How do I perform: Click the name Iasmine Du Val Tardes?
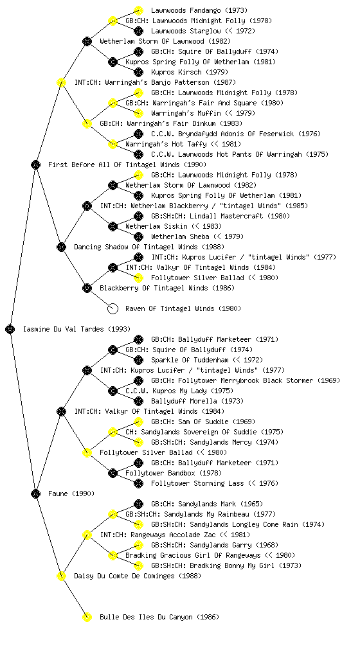point(64,329)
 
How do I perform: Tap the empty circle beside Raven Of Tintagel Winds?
point(113,308)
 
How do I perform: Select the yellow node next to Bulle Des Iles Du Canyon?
point(87,617)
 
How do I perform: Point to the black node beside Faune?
point(35,493)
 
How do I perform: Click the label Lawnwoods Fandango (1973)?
point(199,10)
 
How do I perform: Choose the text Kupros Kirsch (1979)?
point(190,72)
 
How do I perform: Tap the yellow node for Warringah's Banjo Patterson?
point(61,82)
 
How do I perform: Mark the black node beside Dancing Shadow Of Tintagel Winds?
point(61,247)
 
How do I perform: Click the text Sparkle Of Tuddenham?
point(190,360)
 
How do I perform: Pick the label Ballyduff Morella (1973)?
point(197,401)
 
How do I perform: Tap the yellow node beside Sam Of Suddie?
point(138,422)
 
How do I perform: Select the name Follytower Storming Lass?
point(197,483)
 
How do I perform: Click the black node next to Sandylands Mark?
point(138,504)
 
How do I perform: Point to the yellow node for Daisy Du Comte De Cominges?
point(61,576)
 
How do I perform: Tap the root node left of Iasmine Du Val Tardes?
point(10,329)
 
